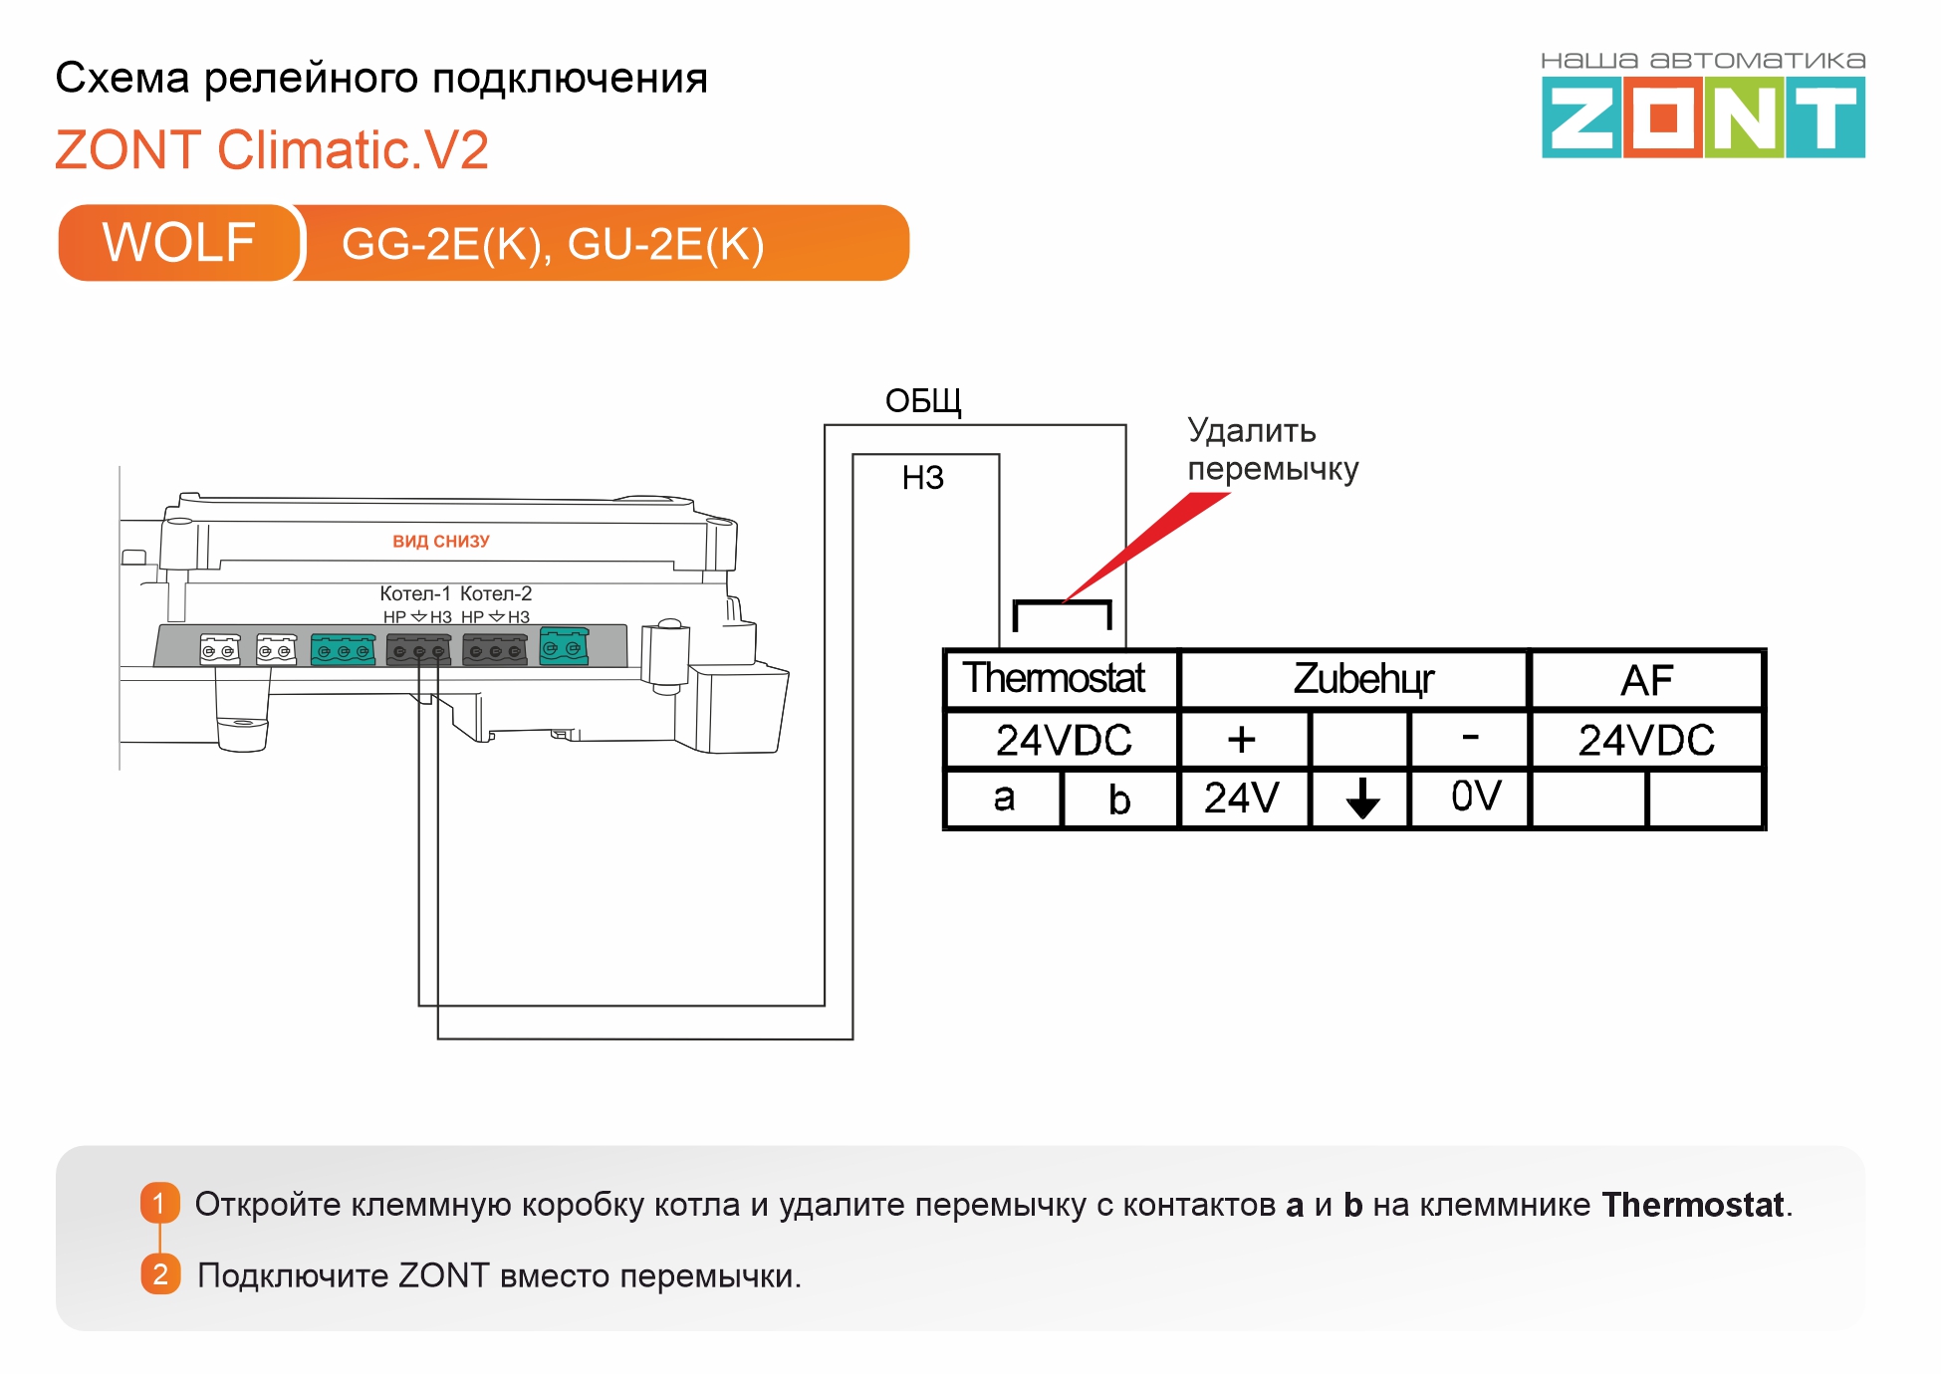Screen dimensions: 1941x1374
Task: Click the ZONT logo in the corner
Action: (x=1703, y=106)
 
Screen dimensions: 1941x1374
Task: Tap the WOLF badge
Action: (x=179, y=243)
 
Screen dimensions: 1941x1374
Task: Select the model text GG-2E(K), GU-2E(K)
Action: (x=553, y=244)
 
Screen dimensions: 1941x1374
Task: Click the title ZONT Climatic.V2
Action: (x=272, y=150)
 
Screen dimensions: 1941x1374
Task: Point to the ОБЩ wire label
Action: (x=923, y=401)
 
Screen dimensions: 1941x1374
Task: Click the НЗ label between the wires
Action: (x=922, y=478)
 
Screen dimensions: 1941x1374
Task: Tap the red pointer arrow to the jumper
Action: (x=1145, y=547)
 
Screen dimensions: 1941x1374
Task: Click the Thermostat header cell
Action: (x=1061, y=679)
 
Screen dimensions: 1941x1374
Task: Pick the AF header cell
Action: (x=1646, y=680)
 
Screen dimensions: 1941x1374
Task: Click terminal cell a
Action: (x=1004, y=798)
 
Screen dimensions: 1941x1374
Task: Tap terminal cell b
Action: (x=1120, y=799)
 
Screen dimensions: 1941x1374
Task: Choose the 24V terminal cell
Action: (x=1243, y=798)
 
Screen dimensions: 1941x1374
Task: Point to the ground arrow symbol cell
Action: (x=1361, y=798)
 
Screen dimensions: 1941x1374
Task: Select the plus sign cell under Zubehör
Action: (x=1243, y=740)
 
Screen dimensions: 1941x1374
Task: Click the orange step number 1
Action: (x=160, y=1203)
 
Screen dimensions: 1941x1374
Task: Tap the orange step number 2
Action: (x=160, y=1274)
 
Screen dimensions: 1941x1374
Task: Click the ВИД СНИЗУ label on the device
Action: (x=441, y=542)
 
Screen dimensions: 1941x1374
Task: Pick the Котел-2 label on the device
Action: (x=496, y=593)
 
